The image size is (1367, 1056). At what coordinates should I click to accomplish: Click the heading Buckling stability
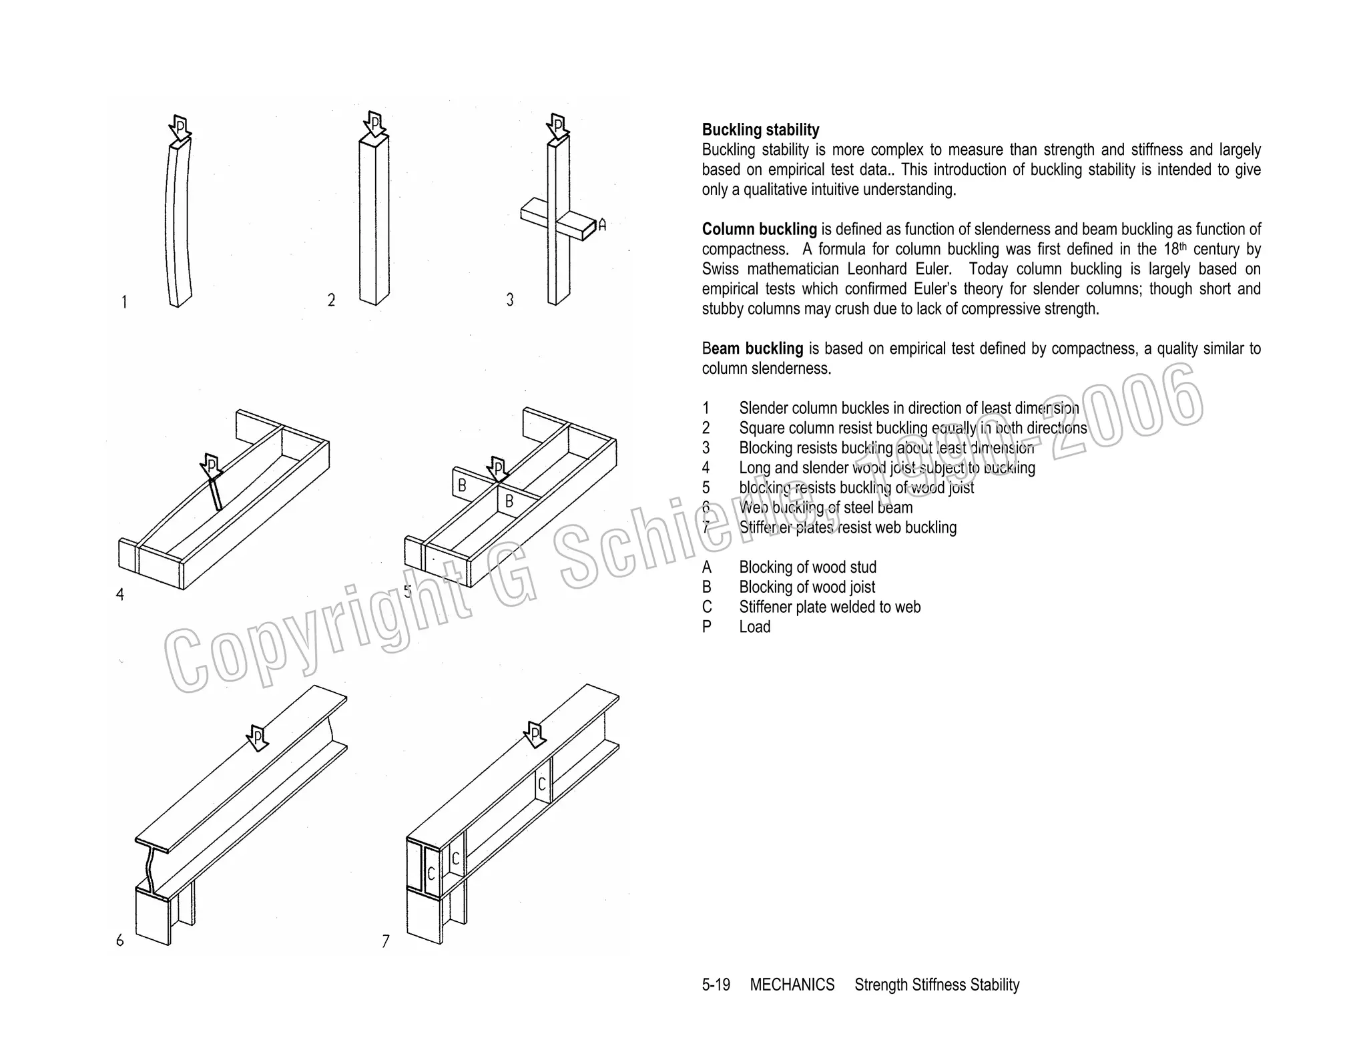(x=760, y=130)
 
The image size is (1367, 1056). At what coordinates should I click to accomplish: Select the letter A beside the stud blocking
(x=602, y=226)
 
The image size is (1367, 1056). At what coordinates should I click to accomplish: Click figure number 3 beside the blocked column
(x=510, y=300)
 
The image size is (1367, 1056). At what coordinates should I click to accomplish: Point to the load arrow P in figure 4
(x=211, y=466)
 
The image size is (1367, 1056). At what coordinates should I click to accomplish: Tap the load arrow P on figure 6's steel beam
(x=257, y=738)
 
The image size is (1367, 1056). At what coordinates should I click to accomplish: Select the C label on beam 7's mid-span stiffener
(x=542, y=784)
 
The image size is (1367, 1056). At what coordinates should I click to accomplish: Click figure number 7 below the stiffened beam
(x=385, y=942)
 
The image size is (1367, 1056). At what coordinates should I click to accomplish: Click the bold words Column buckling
(x=759, y=230)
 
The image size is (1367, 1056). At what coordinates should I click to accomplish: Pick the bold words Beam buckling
(x=752, y=348)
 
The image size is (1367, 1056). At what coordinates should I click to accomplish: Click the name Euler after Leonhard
(x=932, y=270)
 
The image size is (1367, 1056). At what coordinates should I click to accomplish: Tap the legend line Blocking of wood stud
(x=808, y=567)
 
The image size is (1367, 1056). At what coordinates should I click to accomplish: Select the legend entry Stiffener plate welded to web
(x=830, y=607)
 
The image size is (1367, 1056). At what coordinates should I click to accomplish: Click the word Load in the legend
(x=754, y=627)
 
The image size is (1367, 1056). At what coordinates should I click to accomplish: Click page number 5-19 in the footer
(x=716, y=985)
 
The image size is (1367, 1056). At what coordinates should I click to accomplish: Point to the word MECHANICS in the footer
(x=792, y=985)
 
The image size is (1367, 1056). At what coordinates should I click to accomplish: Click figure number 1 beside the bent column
(x=124, y=303)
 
